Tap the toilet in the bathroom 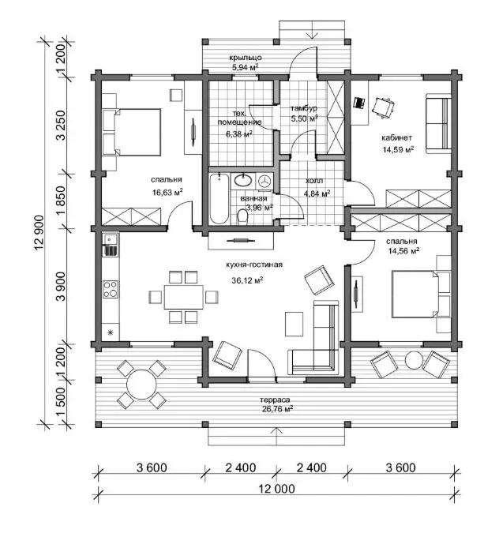(242, 217)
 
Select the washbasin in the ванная (242, 181)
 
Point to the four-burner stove (111, 289)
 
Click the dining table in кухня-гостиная (183, 297)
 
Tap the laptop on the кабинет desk (359, 103)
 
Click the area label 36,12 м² (247, 280)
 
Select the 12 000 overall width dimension (276, 489)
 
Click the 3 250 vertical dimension (62, 125)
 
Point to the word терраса (275, 400)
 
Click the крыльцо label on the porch (245, 58)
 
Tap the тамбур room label (304, 108)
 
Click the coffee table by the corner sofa (294, 324)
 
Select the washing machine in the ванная (265, 181)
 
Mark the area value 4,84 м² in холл (317, 193)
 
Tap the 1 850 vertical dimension (62, 201)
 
